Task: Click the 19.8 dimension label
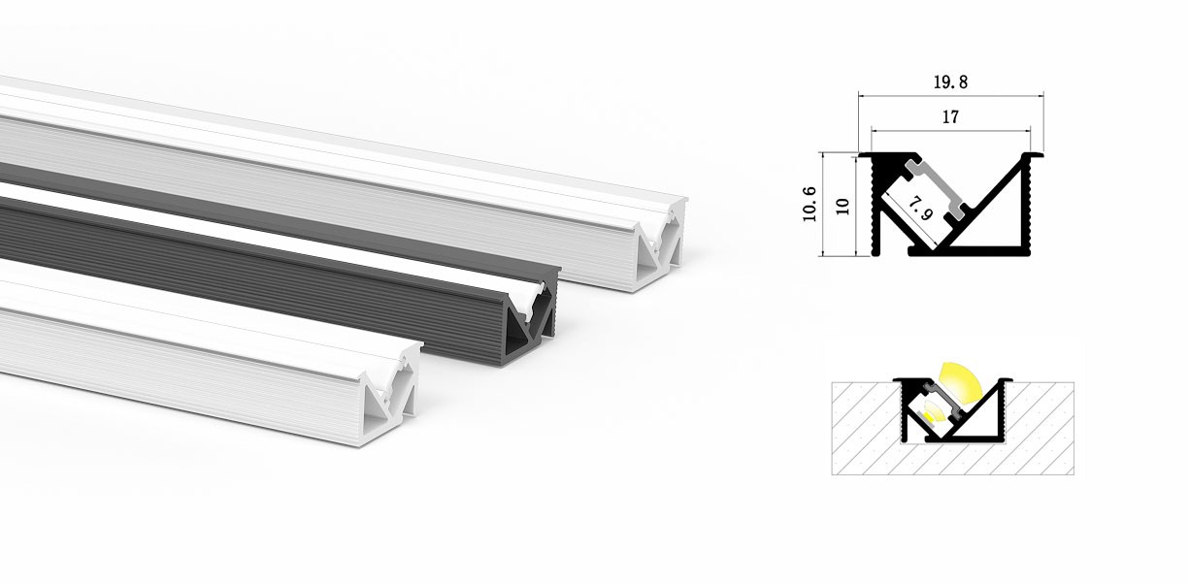(949, 83)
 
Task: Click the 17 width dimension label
(949, 117)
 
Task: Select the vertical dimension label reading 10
(842, 206)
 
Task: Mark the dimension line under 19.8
(949, 96)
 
